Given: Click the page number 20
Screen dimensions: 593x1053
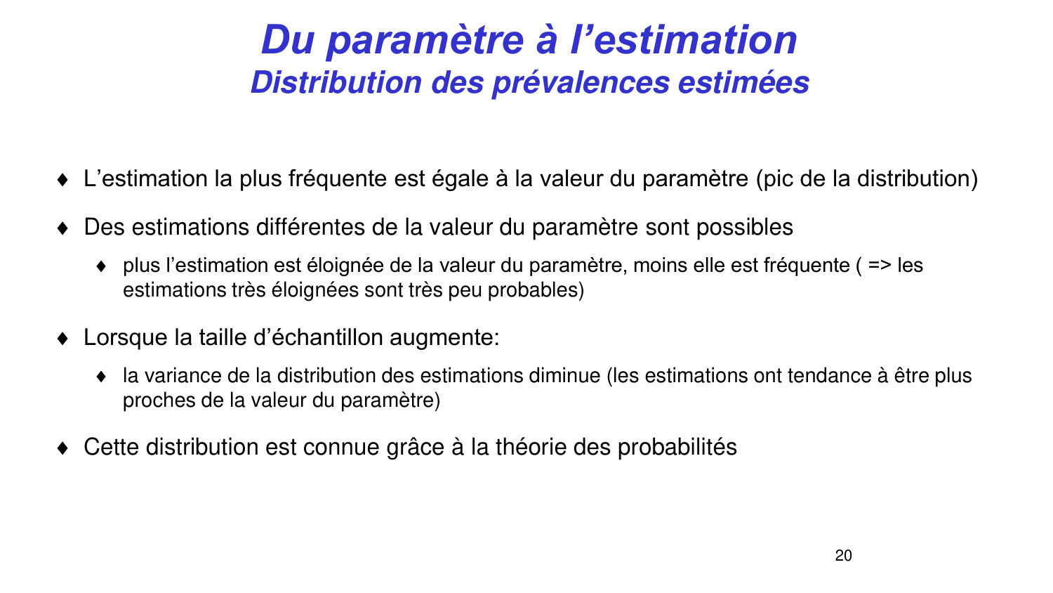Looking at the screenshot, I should click(x=843, y=556).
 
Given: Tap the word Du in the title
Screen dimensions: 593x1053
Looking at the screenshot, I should click(x=286, y=39).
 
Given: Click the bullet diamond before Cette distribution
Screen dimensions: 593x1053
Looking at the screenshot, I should click(x=62, y=448).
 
